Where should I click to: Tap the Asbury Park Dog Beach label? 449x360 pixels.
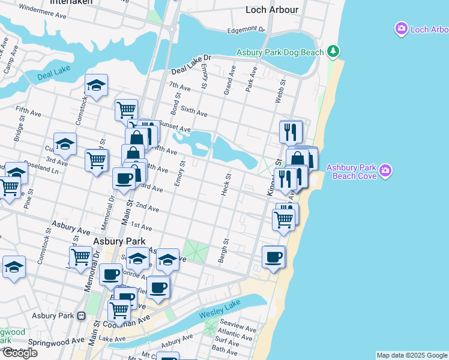(x=280, y=52)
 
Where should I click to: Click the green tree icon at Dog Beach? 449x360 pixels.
(x=334, y=52)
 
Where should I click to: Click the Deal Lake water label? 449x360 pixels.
(x=53, y=73)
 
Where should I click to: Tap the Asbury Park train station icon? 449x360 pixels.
(x=82, y=316)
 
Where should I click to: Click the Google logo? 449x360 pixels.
(x=19, y=353)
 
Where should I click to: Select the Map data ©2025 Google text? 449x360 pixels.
(x=412, y=355)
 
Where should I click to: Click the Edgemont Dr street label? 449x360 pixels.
(x=246, y=29)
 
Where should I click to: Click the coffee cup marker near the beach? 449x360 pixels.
(x=274, y=257)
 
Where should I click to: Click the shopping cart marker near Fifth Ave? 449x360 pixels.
(x=126, y=110)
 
